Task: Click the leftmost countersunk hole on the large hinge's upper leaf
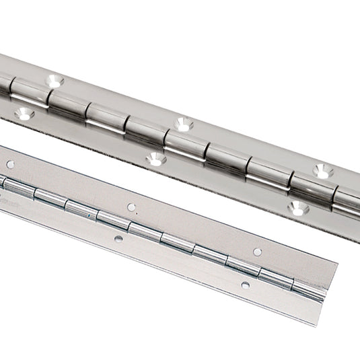[x=54, y=81]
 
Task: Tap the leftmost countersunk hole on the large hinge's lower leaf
[x=24, y=115]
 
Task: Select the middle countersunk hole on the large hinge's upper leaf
[x=183, y=124]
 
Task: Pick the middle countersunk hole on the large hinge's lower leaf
[x=155, y=159]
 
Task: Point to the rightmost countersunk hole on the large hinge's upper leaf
[x=323, y=171]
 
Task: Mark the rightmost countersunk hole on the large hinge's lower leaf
[x=298, y=208]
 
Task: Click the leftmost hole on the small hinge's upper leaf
[x=10, y=164]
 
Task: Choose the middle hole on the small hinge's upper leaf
[x=132, y=207]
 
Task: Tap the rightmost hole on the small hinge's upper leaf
[x=257, y=252]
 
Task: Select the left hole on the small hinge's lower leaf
[x=118, y=238]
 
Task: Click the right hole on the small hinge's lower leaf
[x=245, y=285]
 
